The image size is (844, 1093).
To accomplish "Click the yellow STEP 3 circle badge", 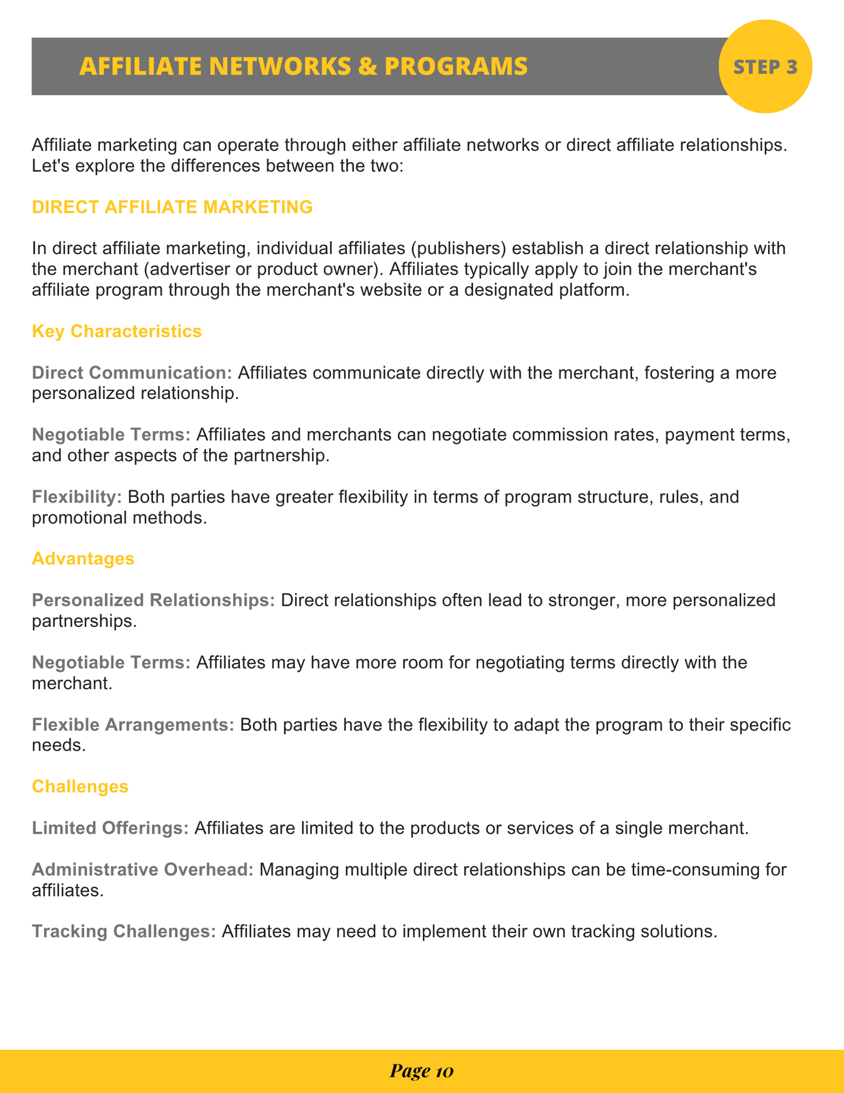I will (765, 67).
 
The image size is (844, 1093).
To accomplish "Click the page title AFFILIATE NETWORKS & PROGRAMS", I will (303, 67).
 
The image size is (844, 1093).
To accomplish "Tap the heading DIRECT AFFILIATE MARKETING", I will (172, 207).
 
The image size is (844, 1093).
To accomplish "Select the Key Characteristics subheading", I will (117, 331).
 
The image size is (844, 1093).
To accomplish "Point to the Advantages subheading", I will (83, 558).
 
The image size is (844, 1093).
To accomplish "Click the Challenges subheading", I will (80, 786).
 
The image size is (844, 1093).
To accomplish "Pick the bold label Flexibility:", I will (77, 497).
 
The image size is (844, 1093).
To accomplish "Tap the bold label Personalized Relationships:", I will (154, 601).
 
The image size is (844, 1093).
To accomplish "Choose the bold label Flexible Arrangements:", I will (133, 725).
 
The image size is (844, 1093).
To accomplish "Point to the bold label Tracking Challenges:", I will (124, 931).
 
